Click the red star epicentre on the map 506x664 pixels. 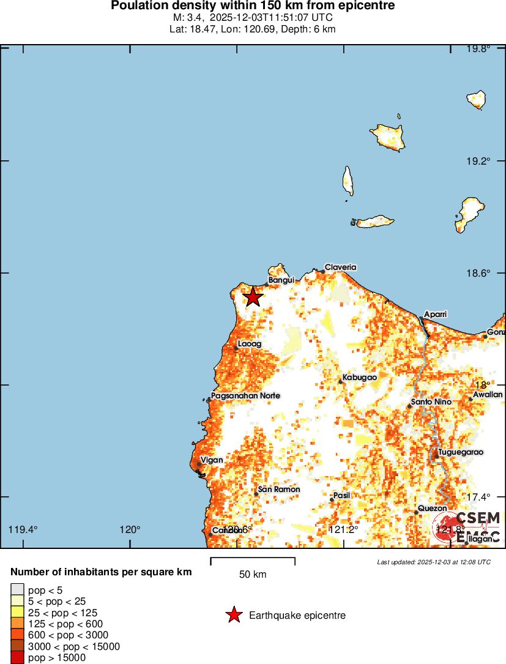(253, 297)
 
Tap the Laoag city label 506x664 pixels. (249, 345)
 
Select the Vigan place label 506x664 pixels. (212, 460)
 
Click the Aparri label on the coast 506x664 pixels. (436, 314)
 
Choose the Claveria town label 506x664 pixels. (340, 267)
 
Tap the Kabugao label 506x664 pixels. (359, 378)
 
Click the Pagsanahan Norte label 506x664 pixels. (245, 396)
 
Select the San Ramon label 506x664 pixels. (279, 490)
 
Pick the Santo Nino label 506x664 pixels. (431, 402)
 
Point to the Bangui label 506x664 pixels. (281, 280)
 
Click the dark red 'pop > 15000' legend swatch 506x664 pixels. (17, 658)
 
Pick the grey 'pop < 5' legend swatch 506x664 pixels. (17, 589)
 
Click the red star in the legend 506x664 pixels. (233, 615)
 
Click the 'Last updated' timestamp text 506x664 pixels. (433, 562)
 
